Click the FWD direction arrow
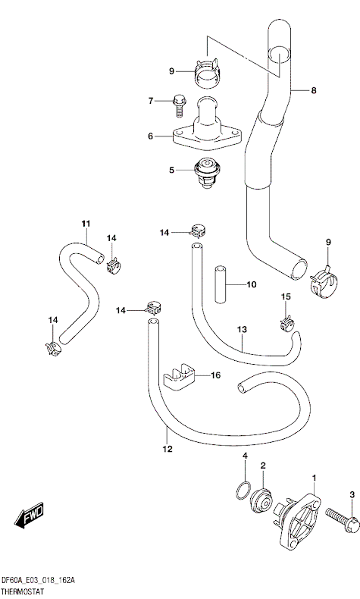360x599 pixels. point(29,516)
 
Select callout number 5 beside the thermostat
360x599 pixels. point(172,170)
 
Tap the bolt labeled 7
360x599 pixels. point(178,105)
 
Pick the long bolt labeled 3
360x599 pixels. point(342,519)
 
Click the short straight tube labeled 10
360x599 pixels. point(221,284)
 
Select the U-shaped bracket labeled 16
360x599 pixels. point(180,378)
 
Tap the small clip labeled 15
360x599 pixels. point(287,323)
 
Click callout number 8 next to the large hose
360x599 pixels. point(314,90)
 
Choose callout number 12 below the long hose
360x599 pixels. point(167,449)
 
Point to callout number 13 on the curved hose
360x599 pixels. point(242,329)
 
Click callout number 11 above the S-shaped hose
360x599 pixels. point(86,224)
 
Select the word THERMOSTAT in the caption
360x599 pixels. point(22,592)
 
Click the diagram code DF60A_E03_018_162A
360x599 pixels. point(38,581)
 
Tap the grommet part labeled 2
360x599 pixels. point(261,501)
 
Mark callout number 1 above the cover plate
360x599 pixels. point(315,478)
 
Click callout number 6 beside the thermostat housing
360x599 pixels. point(150,136)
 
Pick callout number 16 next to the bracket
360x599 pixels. point(216,375)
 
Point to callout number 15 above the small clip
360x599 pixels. point(286,296)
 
